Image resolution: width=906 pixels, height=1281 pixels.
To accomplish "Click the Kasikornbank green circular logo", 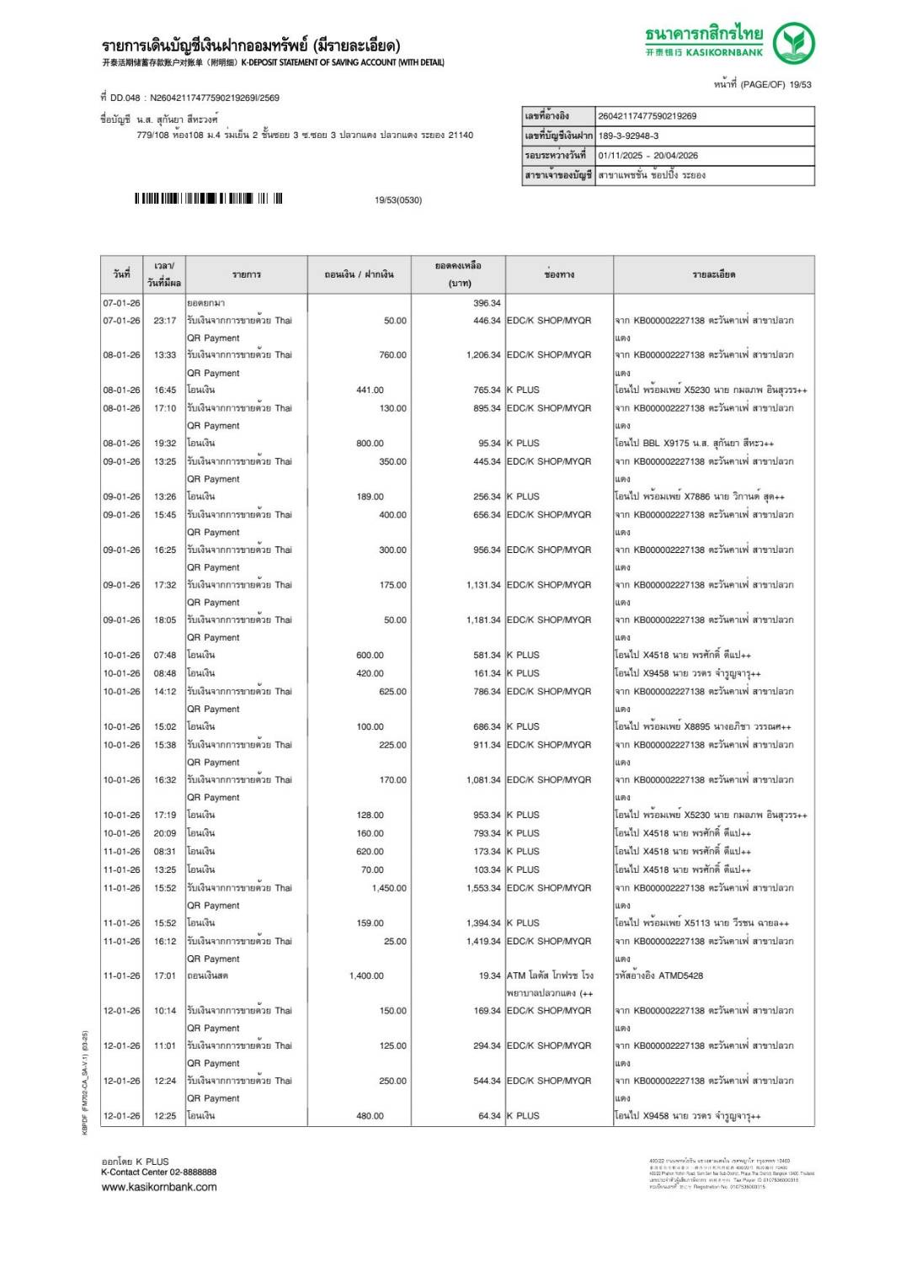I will (793, 43).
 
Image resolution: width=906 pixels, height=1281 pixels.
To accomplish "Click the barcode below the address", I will (208, 199).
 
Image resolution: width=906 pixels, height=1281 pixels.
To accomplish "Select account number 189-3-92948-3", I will (628, 136).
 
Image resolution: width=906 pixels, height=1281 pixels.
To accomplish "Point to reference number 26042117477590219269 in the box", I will (647, 116).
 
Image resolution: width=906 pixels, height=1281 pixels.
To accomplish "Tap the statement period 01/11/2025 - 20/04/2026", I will (648, 156).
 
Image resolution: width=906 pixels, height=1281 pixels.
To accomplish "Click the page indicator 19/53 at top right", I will (800, 84).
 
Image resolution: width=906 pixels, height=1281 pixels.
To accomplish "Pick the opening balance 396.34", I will (487, 303).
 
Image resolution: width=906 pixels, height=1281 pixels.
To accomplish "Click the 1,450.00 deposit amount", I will (389, 888).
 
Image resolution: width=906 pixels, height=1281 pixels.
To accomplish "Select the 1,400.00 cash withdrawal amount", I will (366, 975).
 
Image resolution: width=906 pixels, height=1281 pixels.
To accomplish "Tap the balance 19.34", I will (489, 975).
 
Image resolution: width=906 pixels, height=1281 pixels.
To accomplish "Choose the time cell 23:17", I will (165, 321).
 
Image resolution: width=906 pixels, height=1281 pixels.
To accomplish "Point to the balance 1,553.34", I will (483, 888).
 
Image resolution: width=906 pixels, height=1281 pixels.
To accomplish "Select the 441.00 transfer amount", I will (370, 391).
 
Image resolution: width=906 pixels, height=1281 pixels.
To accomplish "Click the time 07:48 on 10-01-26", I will (165, 655).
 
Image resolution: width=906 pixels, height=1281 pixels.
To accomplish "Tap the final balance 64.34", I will (489, 1116).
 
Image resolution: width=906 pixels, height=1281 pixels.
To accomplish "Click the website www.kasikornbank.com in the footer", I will (159, 1187).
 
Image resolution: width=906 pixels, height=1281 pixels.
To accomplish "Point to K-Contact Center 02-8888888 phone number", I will (159, 1172).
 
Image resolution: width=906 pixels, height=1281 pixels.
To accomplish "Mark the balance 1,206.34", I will (483, 355).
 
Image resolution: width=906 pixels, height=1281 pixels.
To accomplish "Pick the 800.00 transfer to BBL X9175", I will (370, 444).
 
